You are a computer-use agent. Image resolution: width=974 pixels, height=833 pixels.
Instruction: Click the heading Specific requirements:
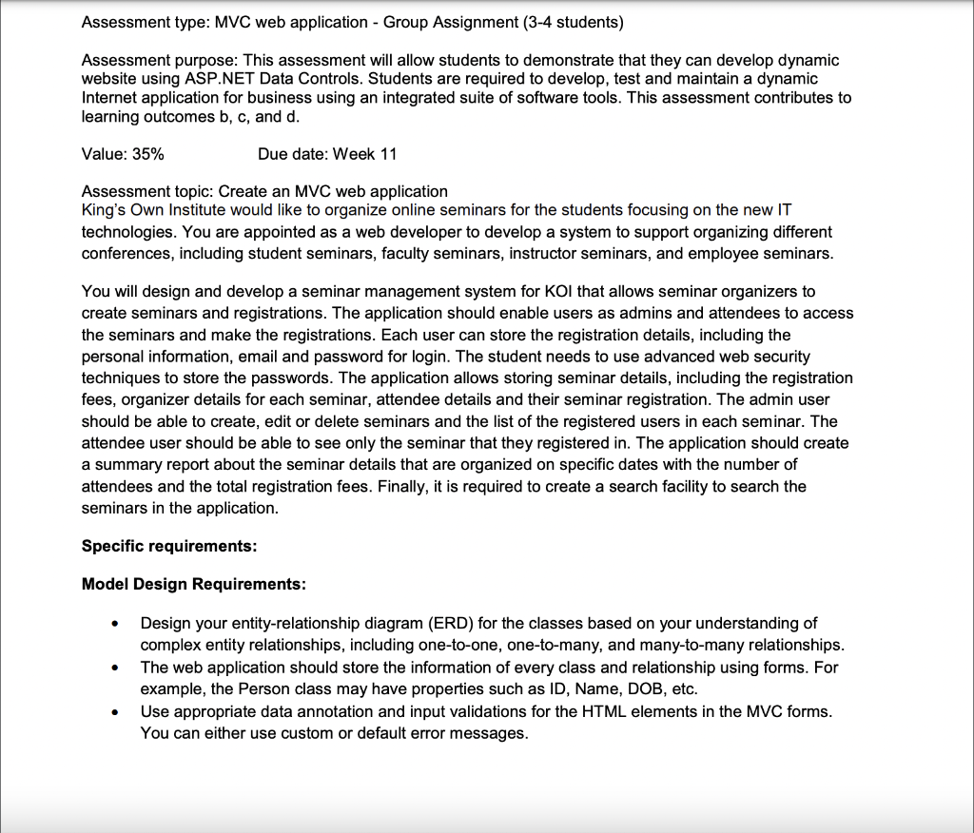point(169,546)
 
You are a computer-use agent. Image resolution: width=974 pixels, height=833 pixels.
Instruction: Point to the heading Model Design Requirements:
point(193,584)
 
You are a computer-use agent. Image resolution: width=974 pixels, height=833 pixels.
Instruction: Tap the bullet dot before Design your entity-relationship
point(115,625)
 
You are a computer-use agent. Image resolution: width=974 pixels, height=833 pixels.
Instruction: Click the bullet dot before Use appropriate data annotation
point(115,712)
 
